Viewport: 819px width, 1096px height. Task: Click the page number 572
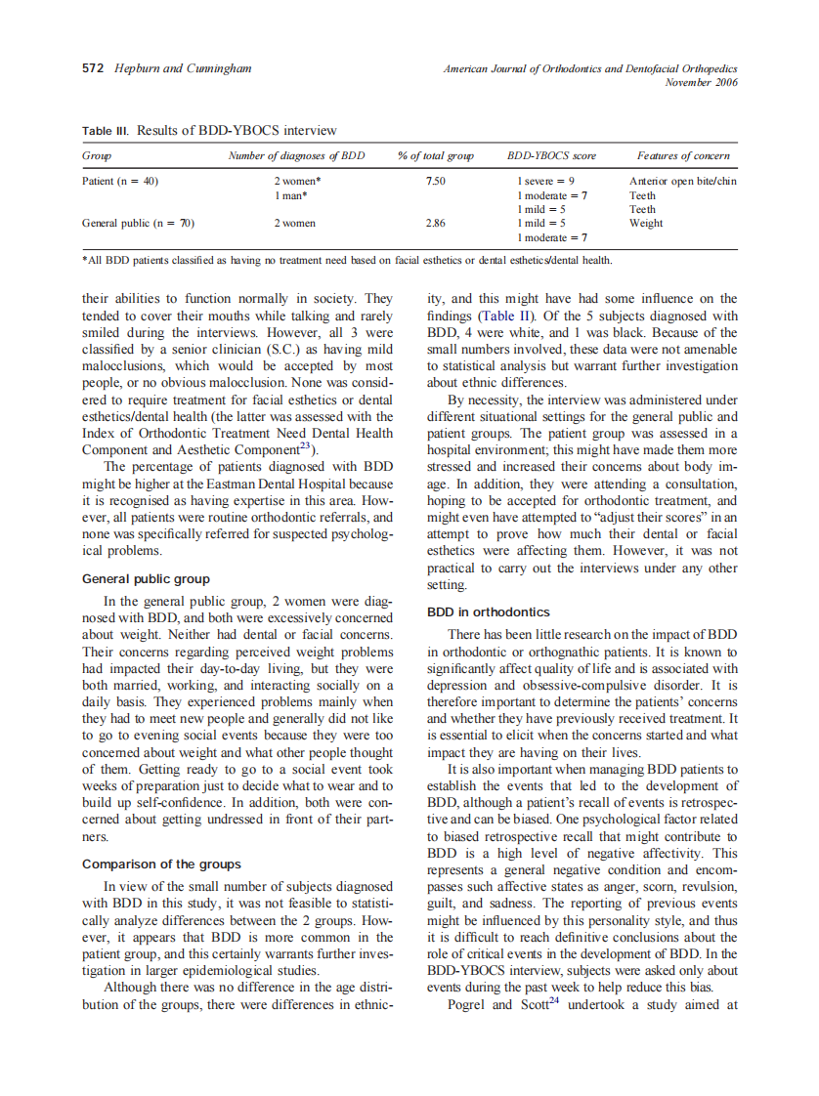pyautogui.click(x=93, y=68)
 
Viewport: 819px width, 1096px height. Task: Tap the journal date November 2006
pyautogui.click(x=700, y=82)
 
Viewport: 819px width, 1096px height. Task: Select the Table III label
pyautogui.click(x=106, y=130)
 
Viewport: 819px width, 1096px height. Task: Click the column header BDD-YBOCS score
pyautogui.click(x=550, y=156)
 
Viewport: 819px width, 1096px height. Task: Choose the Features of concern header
pyautogui.click(x=682, y=156)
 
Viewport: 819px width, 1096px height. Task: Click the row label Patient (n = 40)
pyautogui.click(x=120, y=182)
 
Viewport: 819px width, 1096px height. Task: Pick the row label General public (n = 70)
pyautogui.click(x=138, y=223)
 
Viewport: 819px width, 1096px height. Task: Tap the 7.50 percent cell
pyautogui.click(x=435, y=182)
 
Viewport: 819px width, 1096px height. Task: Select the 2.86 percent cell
pyautogui.click(x=435, y=223)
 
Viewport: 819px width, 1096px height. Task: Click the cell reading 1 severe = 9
pyautogui.click(x=545, y=182)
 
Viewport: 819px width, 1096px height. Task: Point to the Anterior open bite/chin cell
pyautogui.click(x=682, y=182)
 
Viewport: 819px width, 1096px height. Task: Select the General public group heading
pyautogui.click(x=145, y=578)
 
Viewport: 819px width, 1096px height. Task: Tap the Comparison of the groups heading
pyautogui.click(x=161, y=864)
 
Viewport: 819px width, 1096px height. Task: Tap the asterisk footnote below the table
pyautogui.click(x=347, y=260)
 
